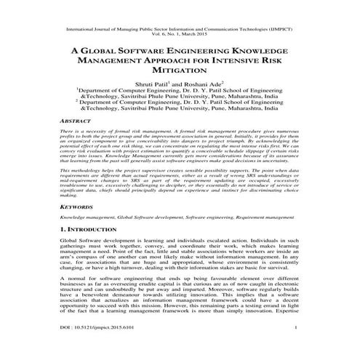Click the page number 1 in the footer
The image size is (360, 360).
click(x=297, y=350)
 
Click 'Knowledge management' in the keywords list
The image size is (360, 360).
click(x=85, y=218)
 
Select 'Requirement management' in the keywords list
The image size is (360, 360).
click(x=265, y=218)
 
